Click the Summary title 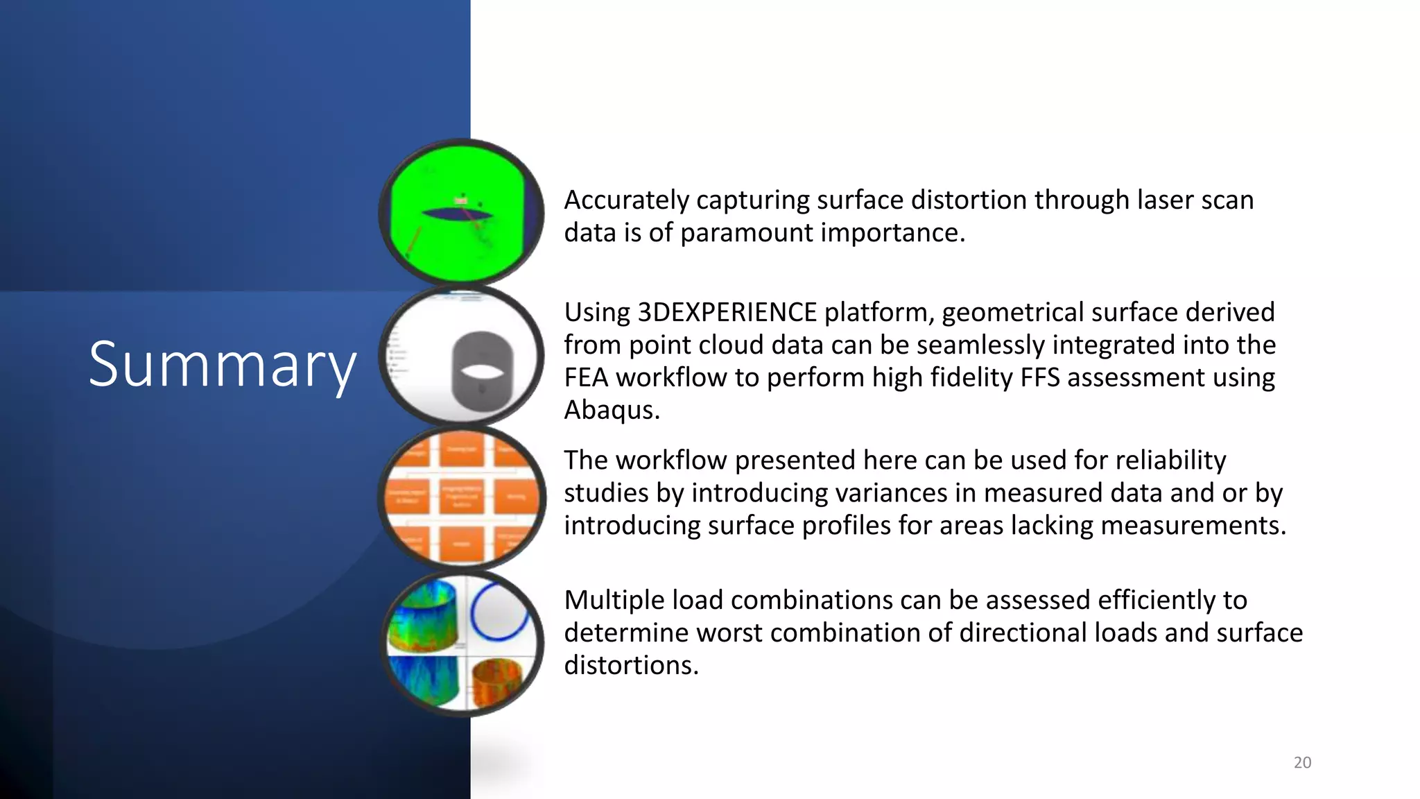tap(222, 365)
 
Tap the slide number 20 tap(1302, 762)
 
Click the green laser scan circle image tap(461, 212)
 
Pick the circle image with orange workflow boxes tap(462, 497)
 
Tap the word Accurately tap(626, 200)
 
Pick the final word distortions tap(630, 665)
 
